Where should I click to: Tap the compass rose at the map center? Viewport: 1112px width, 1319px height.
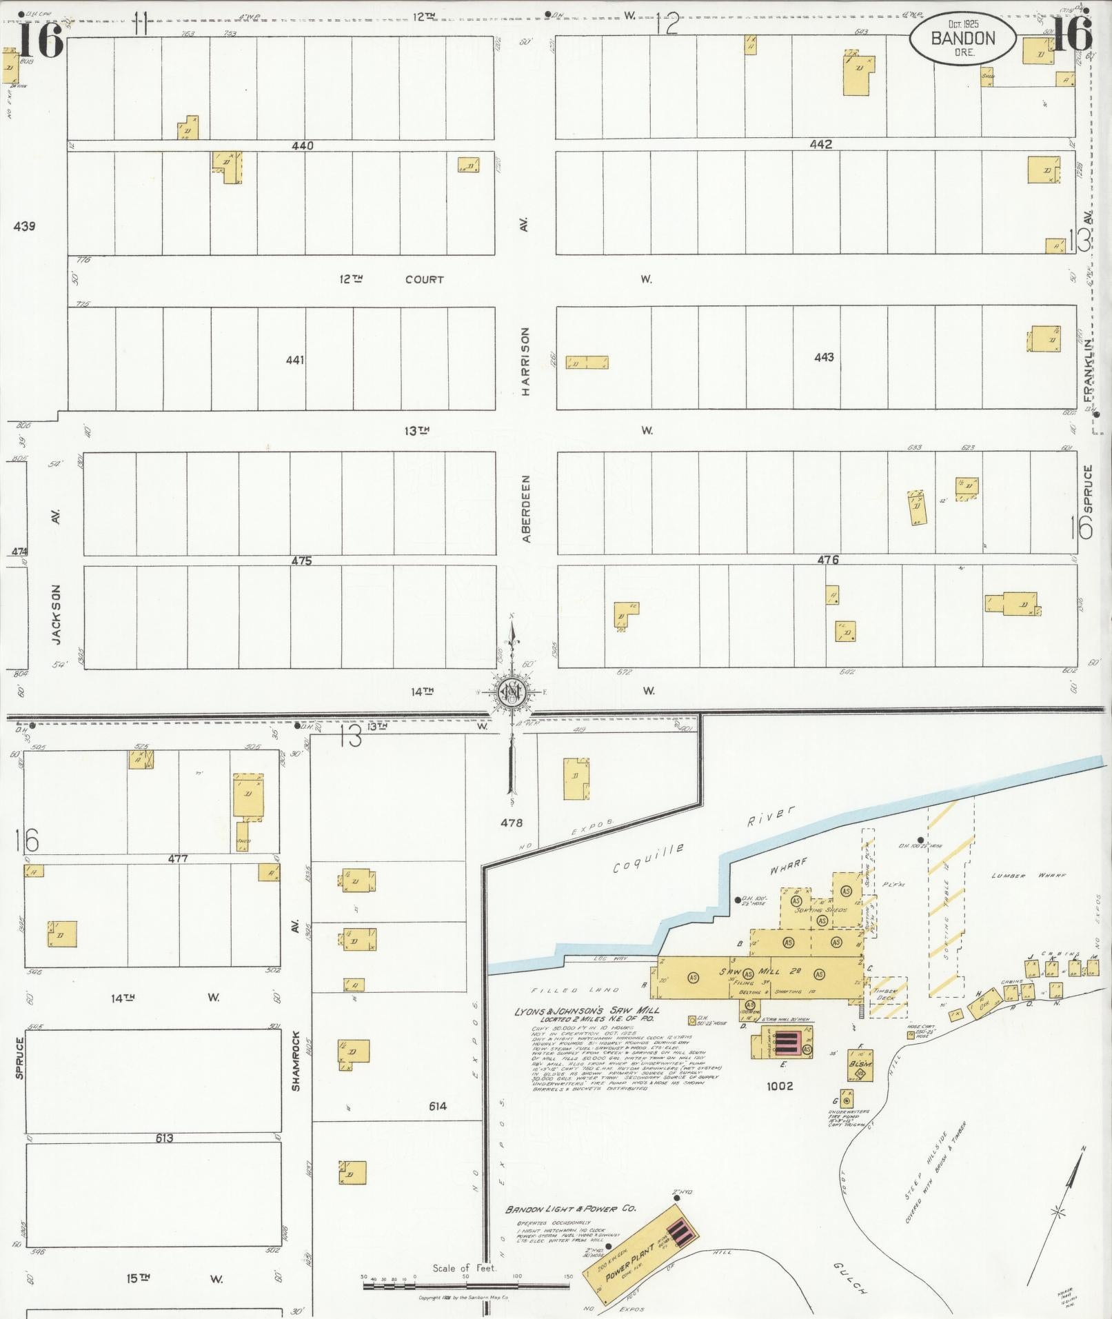(512, 692)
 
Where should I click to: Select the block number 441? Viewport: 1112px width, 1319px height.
(294, 360)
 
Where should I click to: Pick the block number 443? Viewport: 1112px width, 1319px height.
(824, 357)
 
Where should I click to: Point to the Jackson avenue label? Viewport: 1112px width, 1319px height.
(57, 615)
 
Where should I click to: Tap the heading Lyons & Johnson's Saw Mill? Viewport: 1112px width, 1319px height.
(586, 1011)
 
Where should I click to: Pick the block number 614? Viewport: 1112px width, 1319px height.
(437, 1106)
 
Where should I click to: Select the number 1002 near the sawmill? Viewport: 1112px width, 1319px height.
(779, 1086)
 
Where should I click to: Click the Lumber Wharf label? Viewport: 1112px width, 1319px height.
(1028, 876)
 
